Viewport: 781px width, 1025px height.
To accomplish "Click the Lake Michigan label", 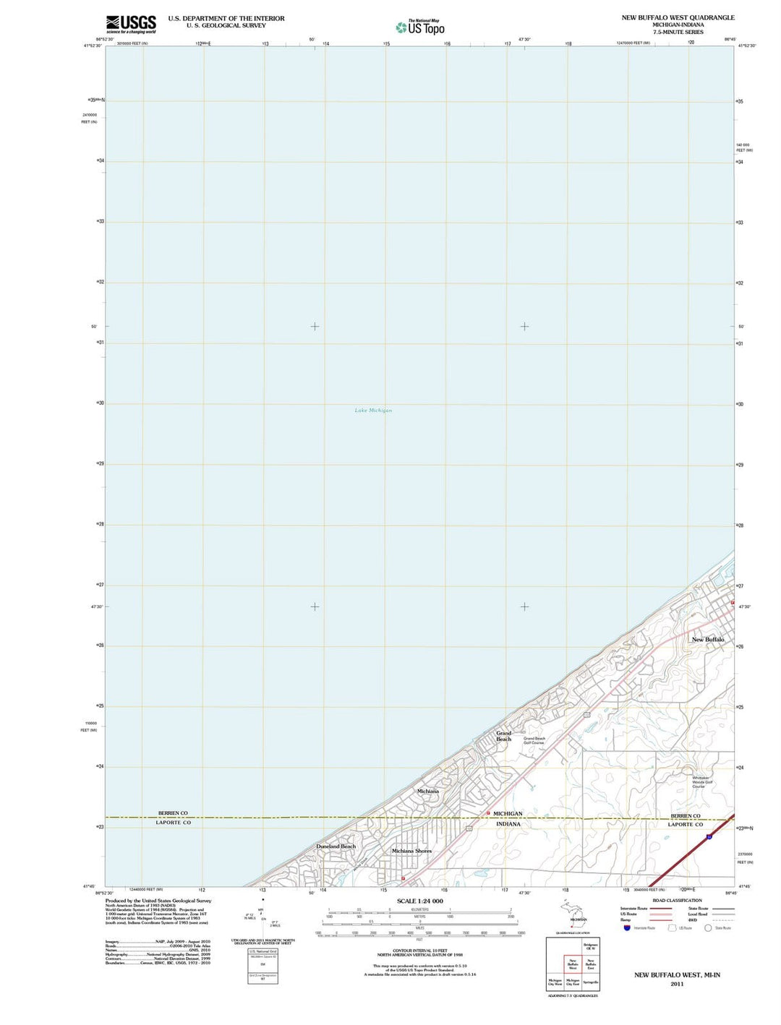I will (x=373, y=411).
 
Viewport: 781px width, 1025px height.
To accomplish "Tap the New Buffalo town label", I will (x=707, y=640).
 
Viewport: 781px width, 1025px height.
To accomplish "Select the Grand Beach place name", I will (x=503, y=736).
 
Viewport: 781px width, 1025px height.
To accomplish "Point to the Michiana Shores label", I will (x=411, y=851).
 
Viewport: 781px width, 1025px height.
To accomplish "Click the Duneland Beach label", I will (x=336, y=846).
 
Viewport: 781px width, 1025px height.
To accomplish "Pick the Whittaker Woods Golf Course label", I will (x=702, y=782).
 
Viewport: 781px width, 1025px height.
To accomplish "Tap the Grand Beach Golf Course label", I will (x=534, y=741).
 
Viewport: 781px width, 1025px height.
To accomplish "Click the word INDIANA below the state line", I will (x=508, y=824).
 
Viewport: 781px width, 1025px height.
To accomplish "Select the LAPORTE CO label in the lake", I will (x=174, y=823).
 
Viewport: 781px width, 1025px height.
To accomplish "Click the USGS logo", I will (x=131, y=25).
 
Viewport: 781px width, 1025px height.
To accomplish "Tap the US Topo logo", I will (x=420, y=27).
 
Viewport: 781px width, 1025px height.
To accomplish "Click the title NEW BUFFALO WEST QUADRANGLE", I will (x=678, y=17).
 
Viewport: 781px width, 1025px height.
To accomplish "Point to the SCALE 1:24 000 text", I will (x=419, y=901).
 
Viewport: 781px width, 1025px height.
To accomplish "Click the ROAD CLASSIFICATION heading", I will (x=677, y=901).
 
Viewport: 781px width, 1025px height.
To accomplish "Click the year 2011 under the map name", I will (x=677, y=984).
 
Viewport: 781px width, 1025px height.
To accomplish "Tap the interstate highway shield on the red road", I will (x=709, y=836).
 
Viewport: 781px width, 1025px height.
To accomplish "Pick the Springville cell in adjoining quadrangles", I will (x=591, y=982).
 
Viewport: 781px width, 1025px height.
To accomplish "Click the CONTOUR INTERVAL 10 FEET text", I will (x=419, y=951).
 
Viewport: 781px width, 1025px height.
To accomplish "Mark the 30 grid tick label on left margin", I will (x=101, y=403).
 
